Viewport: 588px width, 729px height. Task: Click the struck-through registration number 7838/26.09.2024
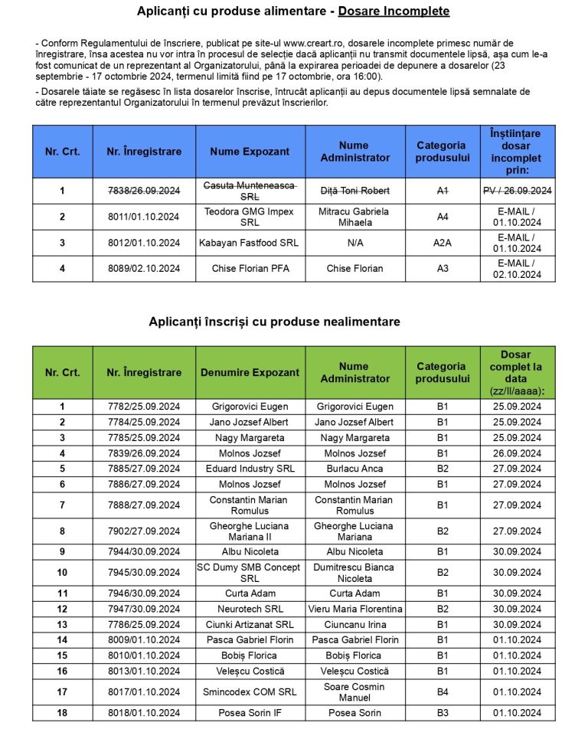point(144,190)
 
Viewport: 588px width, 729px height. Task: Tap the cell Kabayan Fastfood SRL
point(250,243)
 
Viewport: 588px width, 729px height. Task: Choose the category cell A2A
point(442,243)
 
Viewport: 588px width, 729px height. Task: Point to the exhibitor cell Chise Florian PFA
point(250,269)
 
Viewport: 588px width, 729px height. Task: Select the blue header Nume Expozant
point(250,152)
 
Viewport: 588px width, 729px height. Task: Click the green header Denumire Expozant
point(250,372)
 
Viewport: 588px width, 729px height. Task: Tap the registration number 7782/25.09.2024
point(144,407)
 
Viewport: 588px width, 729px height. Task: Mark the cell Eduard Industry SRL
point(250,469)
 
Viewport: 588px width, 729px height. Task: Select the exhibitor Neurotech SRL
point(250,609)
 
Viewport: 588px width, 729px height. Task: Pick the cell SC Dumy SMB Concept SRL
point(250,573)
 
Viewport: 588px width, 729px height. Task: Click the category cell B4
point(442,692)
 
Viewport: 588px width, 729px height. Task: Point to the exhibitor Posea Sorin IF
point(250,714)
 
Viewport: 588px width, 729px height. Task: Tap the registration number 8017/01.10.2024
point(144,692)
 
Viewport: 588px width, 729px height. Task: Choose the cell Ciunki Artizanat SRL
point(250,625)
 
